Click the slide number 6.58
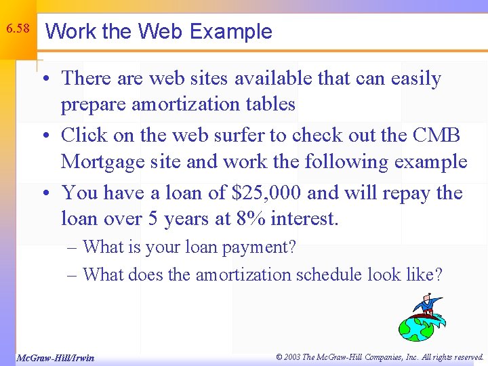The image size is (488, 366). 17,28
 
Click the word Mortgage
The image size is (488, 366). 101,163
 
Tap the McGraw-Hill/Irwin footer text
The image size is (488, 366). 56,357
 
